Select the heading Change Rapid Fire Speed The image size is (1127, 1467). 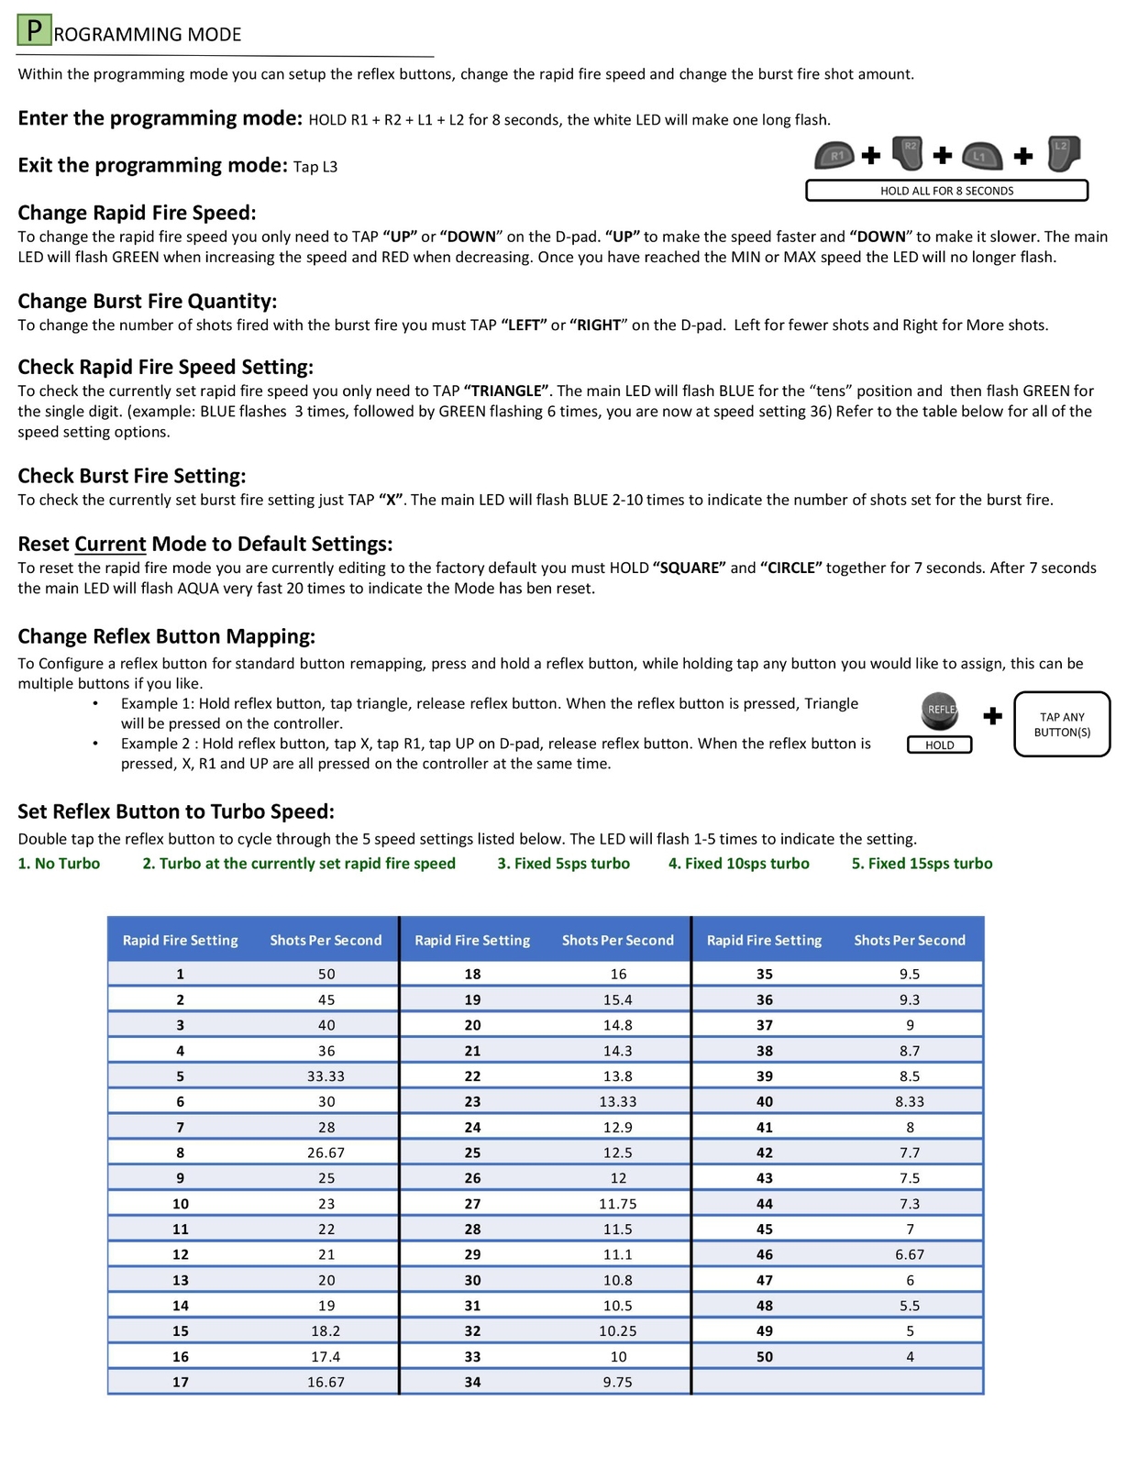click(137, 213)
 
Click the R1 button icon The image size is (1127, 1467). click(834, 155)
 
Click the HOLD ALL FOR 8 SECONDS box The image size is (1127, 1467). click(946, 191)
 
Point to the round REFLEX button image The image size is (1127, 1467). click(939, 711)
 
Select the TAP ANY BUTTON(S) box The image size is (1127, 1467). click(1062, 724)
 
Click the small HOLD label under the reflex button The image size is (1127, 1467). click(939, 745)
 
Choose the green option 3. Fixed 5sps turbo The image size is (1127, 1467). click(563, 864)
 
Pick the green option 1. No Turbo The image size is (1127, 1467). click(59, 864)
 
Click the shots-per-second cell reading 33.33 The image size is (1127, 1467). click(326, 1076)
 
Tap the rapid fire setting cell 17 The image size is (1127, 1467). click(181, 1382)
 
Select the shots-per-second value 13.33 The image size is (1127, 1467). click(617, 1102)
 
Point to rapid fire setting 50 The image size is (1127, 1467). click(764, 1357)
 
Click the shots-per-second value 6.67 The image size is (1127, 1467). click(909, 1254)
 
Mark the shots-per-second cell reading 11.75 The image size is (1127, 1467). click(617, 1204)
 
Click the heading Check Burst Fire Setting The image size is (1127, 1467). click(132, 476)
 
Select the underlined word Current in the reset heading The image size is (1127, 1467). click(110, 544)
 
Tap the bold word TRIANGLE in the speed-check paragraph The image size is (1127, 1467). click(506, 391)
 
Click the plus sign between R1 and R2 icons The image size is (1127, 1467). click(871, 155)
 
